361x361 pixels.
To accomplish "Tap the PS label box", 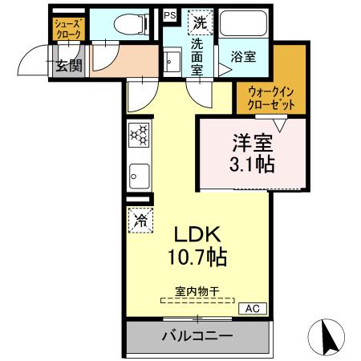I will tap(171, 14).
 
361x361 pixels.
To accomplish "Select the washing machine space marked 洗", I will tap(199, 22).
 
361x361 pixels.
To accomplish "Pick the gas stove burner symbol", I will tap(138, 134).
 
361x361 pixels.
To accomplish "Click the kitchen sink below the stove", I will tap(138, 173).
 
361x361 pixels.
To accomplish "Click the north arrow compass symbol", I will tap(327, 335).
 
